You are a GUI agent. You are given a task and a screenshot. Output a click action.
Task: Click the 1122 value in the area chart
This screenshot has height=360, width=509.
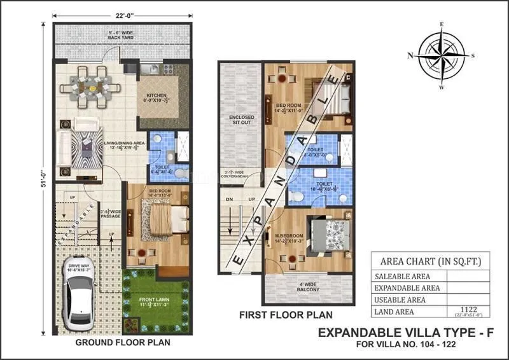[468, 310]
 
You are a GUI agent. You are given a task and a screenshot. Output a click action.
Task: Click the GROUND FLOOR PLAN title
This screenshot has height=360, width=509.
[122, 343]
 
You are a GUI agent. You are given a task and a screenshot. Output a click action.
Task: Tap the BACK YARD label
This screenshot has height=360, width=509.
[122, 38]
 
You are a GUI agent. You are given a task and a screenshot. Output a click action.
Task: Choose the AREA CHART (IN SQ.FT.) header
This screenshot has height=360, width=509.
[430, 261]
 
